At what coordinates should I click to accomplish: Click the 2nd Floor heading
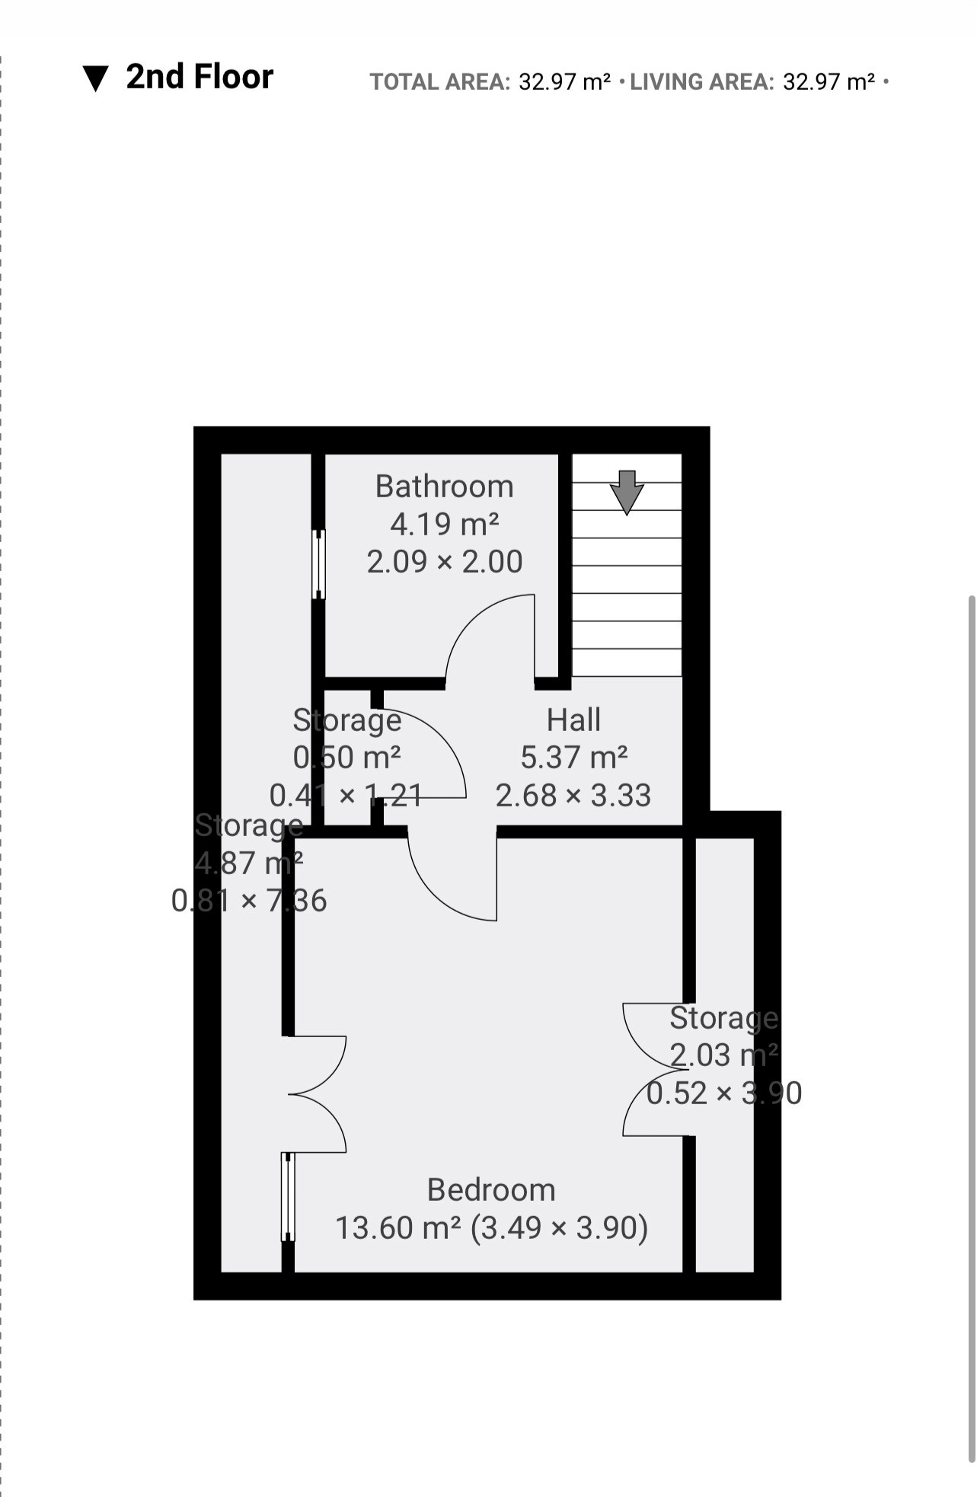pyautogui.click(x=200, y=77)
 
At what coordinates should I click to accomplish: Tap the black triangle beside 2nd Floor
pyautogui.click(x=96, y=78)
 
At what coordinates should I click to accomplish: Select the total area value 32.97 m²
pyautogui.click(x=564, y=81)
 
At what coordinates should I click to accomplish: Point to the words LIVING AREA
pyautogui.click(x=702, y=81)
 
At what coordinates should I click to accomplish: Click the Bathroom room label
pyautogui.click(x=445, y=487)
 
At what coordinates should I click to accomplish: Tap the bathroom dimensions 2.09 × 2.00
pyautogui.click(x=445, y=562)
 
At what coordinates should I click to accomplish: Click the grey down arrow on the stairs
pyautogui.click(x=627, y=492)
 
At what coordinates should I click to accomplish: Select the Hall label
pyautogui.click(x=573, y=720)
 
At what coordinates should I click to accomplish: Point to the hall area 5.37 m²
pyautogui.click(x=574, y=757)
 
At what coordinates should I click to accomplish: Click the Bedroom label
pyautogui.click(x=491, y=1189)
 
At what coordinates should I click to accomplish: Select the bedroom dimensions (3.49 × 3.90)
pyautogui.click(x=560, y=1227)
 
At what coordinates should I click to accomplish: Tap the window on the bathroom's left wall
pyautogui.click(x=318, y=564)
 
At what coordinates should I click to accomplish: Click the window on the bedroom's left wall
pyautogui.click(x=288, y=1196)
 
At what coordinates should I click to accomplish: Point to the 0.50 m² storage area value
pyautogui.click(x=347, y=757)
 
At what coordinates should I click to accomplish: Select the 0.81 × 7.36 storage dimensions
pyautogui.click(x=249, y=901)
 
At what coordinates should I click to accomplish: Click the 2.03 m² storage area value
pyautogui.click(x=724, y=1055)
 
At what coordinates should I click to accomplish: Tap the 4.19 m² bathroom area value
pyautogui.click(x=445, y=524)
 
